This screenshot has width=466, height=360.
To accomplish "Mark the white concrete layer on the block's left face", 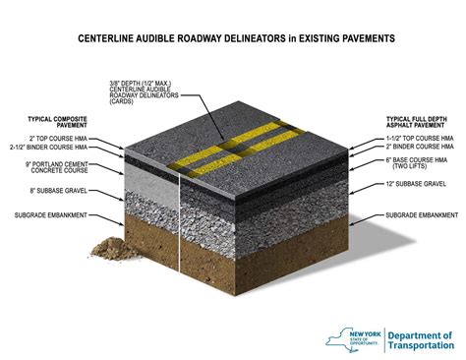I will (x=147, y=177).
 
